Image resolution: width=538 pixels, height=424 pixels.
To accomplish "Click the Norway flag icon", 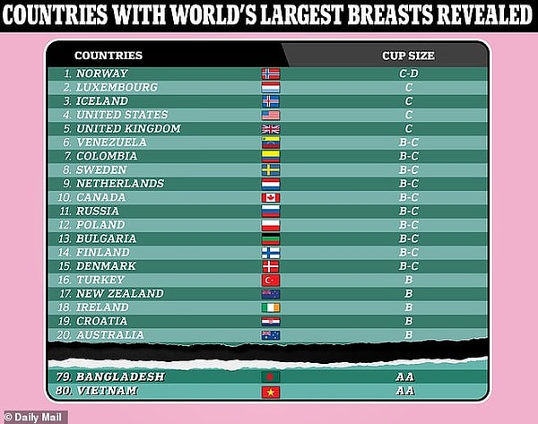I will point(270,74).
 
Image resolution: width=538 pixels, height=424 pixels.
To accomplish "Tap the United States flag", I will point(270,115).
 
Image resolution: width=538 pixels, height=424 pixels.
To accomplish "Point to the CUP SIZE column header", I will point(408,56).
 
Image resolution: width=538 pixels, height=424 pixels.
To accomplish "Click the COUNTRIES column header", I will point(108,56).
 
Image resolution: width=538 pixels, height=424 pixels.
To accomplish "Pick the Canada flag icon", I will point(270,197).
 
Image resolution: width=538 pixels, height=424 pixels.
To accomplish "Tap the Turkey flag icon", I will point(270,280).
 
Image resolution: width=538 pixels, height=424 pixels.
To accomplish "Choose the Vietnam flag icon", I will point(270,392).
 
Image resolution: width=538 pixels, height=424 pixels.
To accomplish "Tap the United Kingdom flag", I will point(270,129).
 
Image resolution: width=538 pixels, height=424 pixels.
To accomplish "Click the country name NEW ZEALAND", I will point(119,293).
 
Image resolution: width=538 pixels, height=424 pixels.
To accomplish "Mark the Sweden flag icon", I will point(270,170).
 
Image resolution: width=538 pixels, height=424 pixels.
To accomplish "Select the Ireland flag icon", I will point(270,307).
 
